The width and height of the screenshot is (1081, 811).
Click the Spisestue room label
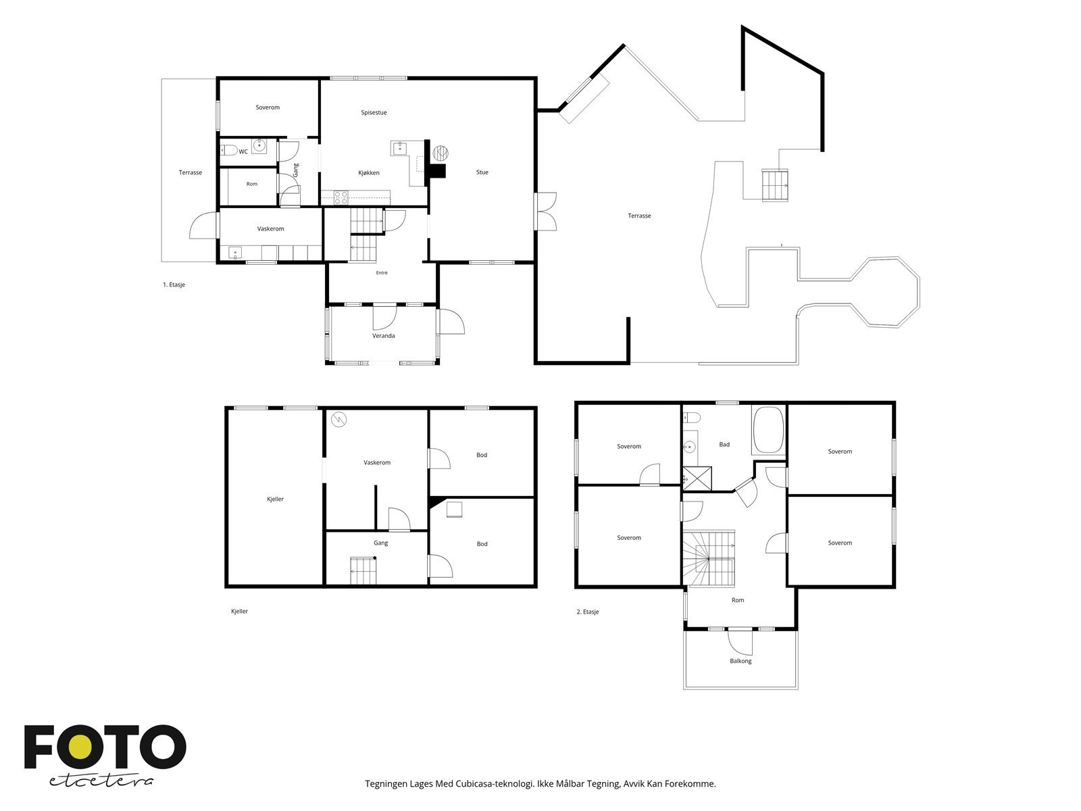374,113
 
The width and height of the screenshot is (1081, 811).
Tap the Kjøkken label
368,173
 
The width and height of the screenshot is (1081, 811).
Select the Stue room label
482,172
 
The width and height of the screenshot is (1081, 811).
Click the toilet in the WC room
229,149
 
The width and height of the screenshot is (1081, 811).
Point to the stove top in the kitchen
341,197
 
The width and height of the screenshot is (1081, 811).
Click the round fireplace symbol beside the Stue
441,153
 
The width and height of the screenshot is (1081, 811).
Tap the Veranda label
383,336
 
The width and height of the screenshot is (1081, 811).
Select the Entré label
382,273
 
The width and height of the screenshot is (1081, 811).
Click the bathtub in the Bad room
768,429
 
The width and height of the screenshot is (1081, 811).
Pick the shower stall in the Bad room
697,478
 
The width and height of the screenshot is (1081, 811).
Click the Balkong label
740,662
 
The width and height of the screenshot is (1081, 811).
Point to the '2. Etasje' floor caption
588,612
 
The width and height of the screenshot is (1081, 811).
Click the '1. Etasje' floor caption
174,285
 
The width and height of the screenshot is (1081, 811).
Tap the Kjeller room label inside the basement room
275,499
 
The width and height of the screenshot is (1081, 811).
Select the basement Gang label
380,543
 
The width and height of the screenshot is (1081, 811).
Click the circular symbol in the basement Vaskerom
339,420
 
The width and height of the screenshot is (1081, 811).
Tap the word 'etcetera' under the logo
101,781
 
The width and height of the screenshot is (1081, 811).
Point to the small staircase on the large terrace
775,185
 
